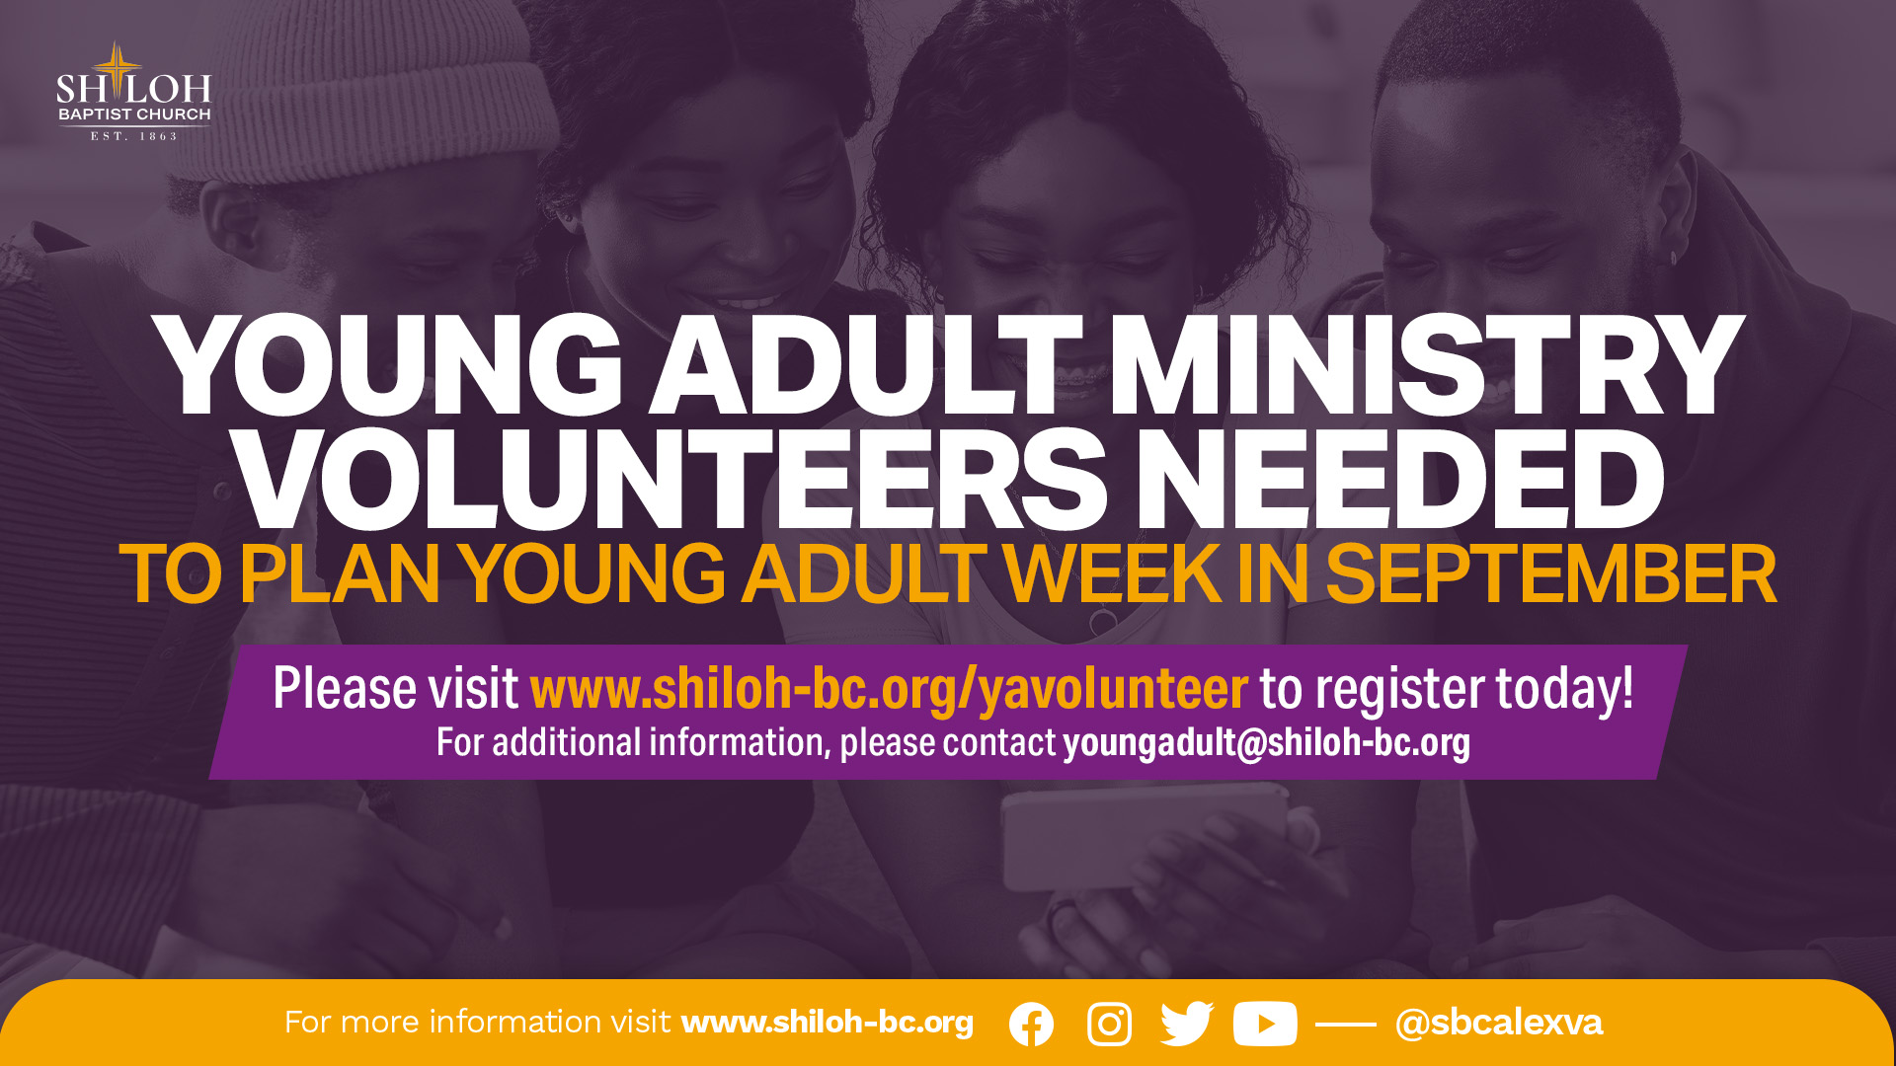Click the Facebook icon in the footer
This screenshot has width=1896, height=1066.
pyautogui.click(x=1031, y=1025)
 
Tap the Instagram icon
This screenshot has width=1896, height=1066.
pyautogui.click(x=1109, y=1025)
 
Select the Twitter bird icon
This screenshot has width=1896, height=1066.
pyautogui.click(x=1186, y=1024)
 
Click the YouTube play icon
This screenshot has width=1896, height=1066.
pyautogui.click(x=1265, y=1025)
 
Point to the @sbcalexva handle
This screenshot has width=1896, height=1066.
pyautogui.click(x=1498, y=1023)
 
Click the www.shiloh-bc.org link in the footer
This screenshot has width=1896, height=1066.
pyautogui.click(x=828, y=1023)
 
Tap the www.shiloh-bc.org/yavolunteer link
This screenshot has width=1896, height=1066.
pyautogui.click(x=889, y=689)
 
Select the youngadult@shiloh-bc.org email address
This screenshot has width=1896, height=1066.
pyautogui.click(x=1266, y=742)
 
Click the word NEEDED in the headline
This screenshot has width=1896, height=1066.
pyautogui.click(x=1400, y=481)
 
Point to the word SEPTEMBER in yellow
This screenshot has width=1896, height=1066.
pyautogui.click(x=1550, y=574)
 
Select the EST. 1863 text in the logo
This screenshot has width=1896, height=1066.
pyautogui.click(x=134, y=136)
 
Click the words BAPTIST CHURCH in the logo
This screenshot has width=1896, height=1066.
pyautogui.click(x=134, y=114)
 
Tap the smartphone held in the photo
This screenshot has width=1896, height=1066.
pyautogui.click(x=1145, y=839)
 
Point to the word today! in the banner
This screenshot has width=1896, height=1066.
pyautogui.click(x=1564, y=689)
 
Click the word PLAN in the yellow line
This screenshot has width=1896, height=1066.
pyautogui.click(x=339, y=574)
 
